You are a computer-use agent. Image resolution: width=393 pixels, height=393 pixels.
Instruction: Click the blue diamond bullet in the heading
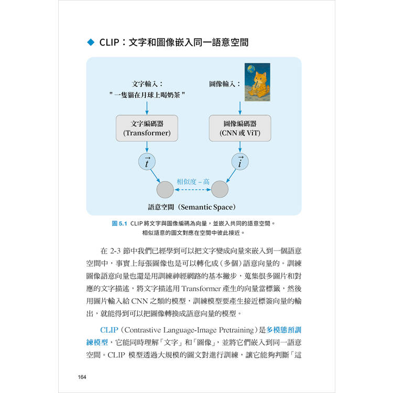[91, 42]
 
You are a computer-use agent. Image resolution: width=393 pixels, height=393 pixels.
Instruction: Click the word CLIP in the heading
[109, 42]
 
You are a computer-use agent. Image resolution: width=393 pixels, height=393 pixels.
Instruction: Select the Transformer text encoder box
[147, 128]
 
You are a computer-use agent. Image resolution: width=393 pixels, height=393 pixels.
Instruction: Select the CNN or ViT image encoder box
[240, 128]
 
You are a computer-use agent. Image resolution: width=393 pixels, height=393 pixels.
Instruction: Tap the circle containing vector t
[147, 162]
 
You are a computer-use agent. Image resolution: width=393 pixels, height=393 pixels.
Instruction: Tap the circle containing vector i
[240, 162]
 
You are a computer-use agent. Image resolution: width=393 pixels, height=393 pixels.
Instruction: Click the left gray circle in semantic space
[165, 190]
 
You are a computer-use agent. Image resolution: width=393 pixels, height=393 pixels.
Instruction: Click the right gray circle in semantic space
[220, 190]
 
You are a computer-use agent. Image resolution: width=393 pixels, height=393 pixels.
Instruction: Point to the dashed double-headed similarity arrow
[192, 190]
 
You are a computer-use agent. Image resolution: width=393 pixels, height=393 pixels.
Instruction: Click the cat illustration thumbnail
[257, 82]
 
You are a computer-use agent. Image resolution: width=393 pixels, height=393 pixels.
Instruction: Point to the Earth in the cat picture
[251, 69]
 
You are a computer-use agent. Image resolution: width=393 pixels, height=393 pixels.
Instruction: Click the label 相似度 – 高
[193, 181]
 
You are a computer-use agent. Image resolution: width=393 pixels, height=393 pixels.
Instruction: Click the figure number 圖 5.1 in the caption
[119, 223]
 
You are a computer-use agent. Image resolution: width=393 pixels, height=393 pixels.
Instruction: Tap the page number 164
[82, 377]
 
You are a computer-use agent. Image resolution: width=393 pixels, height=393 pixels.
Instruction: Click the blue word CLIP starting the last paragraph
[109, 330]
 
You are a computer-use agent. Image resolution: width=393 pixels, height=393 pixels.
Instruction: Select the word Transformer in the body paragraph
[201, 289]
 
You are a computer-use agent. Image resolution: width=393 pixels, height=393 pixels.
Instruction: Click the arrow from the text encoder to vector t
[147, 147]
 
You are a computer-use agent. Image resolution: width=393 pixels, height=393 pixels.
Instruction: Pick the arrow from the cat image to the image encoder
[240, 108]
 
